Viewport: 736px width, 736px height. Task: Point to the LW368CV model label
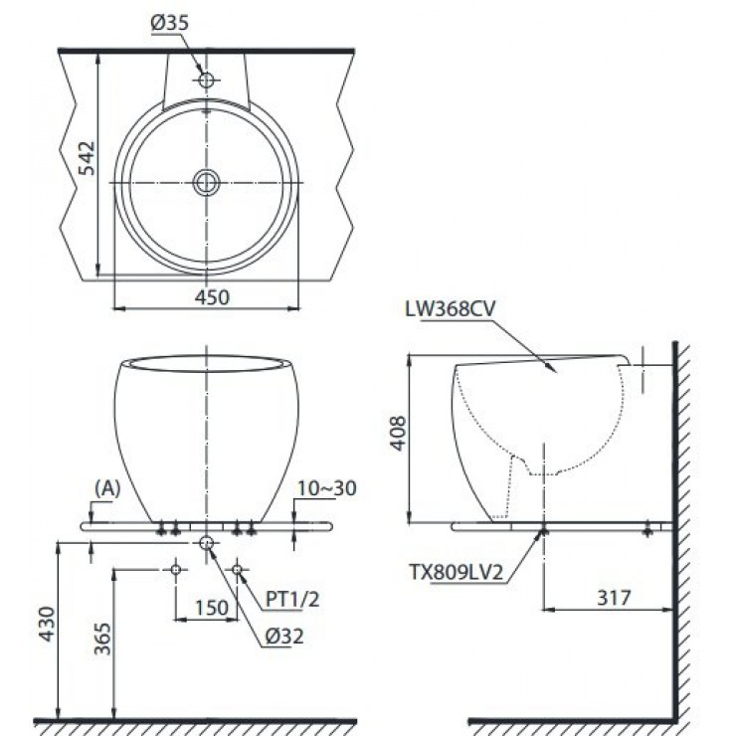tap(446, 308)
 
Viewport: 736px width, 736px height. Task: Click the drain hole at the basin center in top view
tap(206, 182)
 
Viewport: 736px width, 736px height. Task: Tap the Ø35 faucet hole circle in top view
tap(206, 80)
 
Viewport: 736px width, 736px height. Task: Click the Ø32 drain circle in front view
tap(206, 542)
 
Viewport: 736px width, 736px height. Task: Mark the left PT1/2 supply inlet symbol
tap(175, 569)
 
